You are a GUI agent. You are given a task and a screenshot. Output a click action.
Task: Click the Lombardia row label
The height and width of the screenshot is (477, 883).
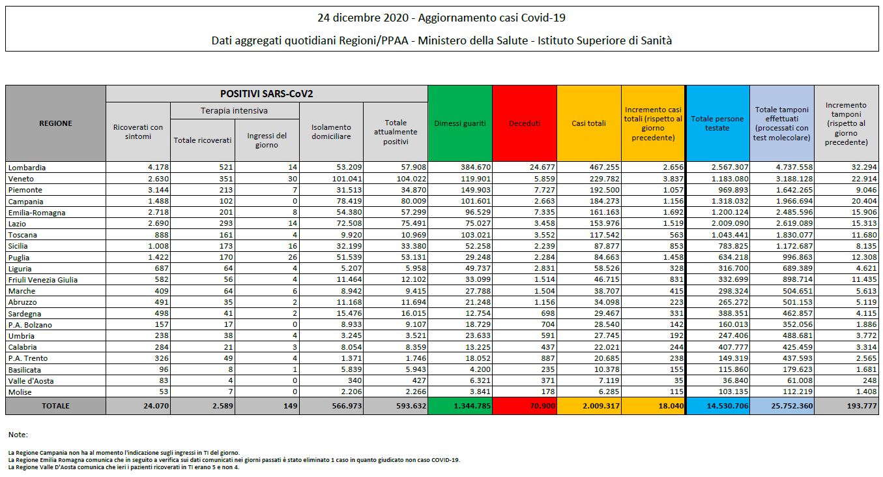27,167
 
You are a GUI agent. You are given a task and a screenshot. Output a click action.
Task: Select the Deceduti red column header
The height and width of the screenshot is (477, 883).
525,123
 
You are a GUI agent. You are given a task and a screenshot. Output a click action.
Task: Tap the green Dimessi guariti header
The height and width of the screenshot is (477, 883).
460,123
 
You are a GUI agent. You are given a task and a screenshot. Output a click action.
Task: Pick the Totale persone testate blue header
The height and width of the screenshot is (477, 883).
717,123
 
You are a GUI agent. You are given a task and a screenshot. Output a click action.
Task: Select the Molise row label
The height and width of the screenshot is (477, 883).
21,392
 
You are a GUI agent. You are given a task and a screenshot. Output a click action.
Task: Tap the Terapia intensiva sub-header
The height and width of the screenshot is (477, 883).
234,111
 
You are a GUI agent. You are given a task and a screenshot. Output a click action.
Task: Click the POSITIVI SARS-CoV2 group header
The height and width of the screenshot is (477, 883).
267,94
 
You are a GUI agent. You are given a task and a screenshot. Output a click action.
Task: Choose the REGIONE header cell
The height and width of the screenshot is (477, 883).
55,123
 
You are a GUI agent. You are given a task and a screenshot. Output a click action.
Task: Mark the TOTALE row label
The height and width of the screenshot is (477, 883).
55,406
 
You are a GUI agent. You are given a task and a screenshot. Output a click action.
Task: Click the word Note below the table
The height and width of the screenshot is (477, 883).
18,435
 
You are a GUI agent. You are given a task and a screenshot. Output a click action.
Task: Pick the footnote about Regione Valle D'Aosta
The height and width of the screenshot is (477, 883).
124,467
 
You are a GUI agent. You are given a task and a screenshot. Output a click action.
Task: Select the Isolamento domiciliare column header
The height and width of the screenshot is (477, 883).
331,132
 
